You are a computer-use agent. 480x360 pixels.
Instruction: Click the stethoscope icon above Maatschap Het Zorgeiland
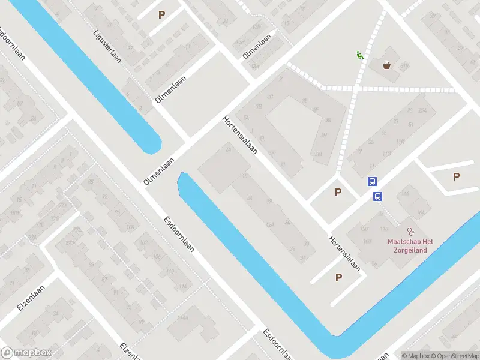[x=410, y=230]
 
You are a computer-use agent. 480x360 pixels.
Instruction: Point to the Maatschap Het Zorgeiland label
[x=410, y=245]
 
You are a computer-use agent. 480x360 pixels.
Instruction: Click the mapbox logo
[x=26, y=353]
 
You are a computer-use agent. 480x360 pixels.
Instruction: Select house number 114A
[x=182, y=317]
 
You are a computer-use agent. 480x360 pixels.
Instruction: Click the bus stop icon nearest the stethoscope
[x=378, y=196]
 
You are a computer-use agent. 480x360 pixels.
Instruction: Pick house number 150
[x=364, y=229]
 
